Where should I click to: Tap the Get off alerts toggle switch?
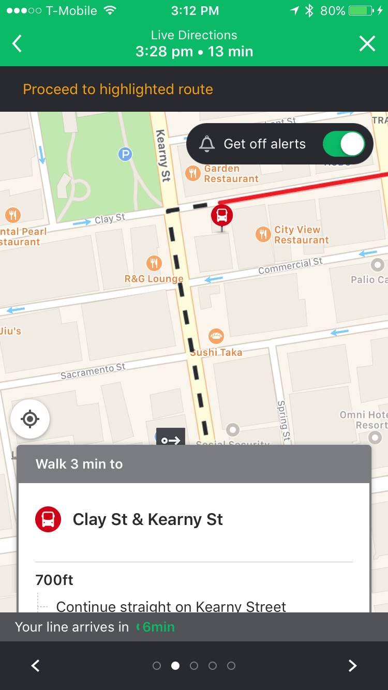coord(344,144)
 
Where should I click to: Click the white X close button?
coord(367,44)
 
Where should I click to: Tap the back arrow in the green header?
coord(18,44)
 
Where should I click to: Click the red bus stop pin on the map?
coord(222,215)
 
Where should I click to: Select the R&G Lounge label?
coord(154,279)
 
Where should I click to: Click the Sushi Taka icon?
coord(216,337)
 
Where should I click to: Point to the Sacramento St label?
coord(93,371)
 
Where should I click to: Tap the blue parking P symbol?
coord(125,154)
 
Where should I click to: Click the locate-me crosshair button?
coord(30,419)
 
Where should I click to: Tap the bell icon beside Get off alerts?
coord(207,144)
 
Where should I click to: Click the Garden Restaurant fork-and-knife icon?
coord(193,173)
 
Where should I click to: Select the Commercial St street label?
coord(290,266)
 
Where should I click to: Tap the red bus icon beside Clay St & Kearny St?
coord(48,519)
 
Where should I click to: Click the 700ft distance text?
coord(54,580)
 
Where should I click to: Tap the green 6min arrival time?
coord(158,627)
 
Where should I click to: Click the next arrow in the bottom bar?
coord(352,666)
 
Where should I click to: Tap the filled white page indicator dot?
coord(175,666)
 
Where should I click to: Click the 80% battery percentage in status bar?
coord(333,11)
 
